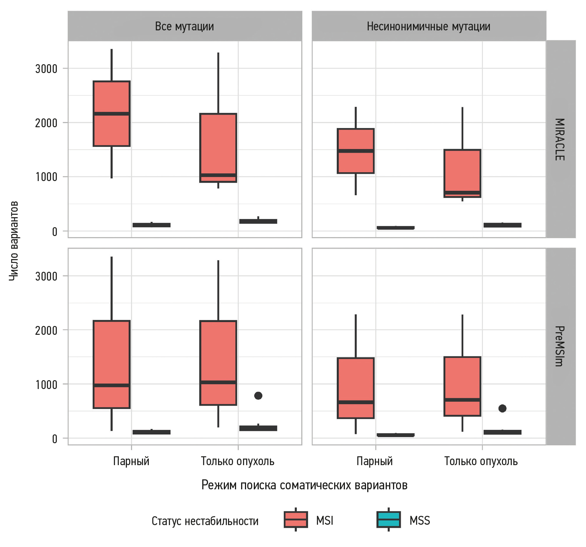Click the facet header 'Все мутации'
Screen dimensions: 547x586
point(185,26)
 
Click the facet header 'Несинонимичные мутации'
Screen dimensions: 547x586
point(428,26)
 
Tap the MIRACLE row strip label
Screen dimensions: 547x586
point(560,139)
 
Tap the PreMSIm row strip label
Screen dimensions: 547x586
point(560,346)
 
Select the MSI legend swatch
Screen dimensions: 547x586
point(296,519)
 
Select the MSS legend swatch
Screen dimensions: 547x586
point(389,519)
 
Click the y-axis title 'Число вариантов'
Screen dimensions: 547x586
point(13,241)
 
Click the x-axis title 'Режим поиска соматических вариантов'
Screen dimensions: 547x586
point(304,485)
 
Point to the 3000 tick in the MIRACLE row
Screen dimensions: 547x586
point(46,69)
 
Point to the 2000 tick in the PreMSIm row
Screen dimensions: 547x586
point(46,330)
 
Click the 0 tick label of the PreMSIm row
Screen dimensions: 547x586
point(55,439)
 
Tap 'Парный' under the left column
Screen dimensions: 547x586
point(131,461)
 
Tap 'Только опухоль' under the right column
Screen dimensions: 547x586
point(481,461)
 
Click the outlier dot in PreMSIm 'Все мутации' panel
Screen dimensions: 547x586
point(258,396)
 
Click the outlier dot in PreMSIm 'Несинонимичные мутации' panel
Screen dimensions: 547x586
point(502,408)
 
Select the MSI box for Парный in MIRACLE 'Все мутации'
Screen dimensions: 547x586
point(112,113)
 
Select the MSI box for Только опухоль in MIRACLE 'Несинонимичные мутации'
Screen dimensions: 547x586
point(462,173)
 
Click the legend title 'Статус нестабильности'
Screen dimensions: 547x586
point(205,521)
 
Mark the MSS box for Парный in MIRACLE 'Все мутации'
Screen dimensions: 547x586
point(151,225)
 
